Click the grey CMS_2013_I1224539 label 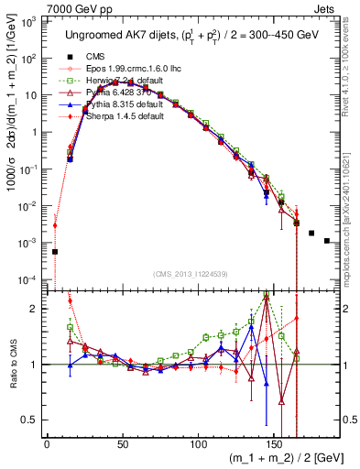pyautogui.click(x=191, y=275)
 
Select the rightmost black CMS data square pyautogui.click(x=327, y=241)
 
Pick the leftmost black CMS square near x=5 pyautogui.click(x=54, y=252)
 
